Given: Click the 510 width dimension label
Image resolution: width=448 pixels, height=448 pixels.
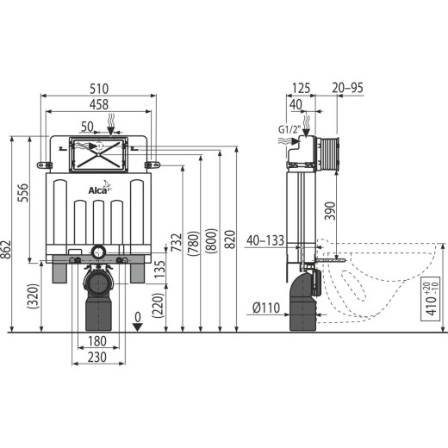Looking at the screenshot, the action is click(x=99, y=89).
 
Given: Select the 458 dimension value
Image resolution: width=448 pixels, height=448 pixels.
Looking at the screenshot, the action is click(x=99, y=104).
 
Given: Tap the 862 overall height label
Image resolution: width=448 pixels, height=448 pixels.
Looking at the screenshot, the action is click(x=6, y=249).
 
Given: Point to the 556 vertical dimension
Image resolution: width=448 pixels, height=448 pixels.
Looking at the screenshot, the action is click(x=23, y=193).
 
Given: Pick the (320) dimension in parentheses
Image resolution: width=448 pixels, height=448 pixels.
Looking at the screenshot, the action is click(x=33, y=296).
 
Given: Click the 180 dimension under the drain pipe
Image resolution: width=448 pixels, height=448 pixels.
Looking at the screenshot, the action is click(x=97, y=341).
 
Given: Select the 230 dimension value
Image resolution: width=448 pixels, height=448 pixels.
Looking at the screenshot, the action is click(x=97, y=358).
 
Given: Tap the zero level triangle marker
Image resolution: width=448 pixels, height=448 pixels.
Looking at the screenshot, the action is click(x=138, y=327).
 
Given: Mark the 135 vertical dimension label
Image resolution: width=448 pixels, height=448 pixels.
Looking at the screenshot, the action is click(x=160, y=269).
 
